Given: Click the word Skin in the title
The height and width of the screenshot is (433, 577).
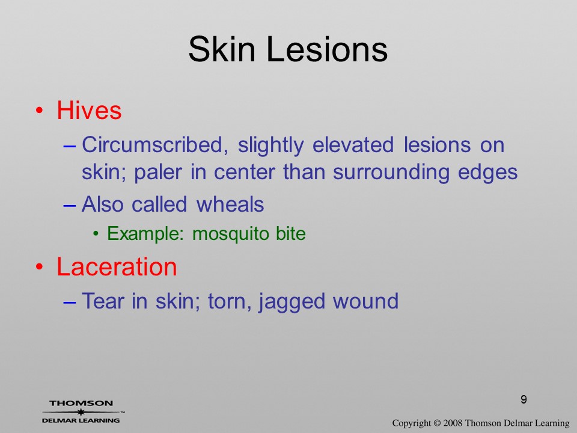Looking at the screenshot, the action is click(x=222, y=49).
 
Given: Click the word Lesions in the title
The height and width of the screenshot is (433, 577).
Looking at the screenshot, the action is click(x=327, y=49).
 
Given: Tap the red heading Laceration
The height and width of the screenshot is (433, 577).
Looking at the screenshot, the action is click(x=117, y=266).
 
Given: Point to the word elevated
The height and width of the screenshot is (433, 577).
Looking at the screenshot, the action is click(x=353, y=144).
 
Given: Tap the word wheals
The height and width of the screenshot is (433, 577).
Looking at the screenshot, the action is click(x=230, y=204).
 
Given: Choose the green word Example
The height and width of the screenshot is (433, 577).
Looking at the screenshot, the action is click(x=145, y=234).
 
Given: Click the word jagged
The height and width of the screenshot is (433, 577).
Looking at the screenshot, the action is click(x=292, y=302).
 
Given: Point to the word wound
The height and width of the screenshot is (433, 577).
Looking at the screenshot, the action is click(x=366, y=301).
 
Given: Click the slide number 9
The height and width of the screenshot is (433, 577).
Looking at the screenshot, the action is click(x=524, y=399).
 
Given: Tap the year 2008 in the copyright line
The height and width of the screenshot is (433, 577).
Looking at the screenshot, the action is click(x=453, y=423).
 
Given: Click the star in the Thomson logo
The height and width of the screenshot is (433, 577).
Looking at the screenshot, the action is click(x=81, y=412).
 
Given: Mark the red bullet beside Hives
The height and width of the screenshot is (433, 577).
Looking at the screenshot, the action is click(x=40, y=111).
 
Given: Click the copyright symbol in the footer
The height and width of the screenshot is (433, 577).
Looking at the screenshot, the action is click(x=437, y=423).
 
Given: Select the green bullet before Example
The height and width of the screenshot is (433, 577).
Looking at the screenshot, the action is click(x=96, y=234).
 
